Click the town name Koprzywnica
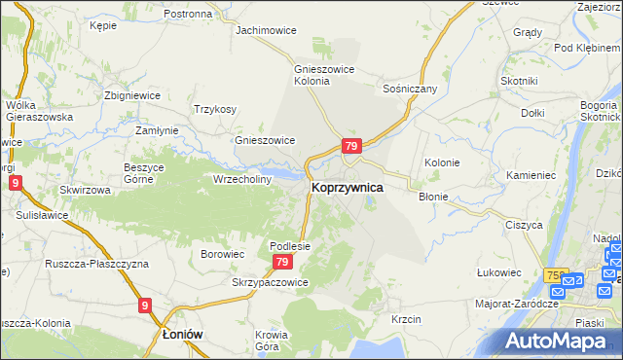coord(347,186)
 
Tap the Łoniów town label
coord(181,333)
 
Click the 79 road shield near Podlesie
coord(282,263)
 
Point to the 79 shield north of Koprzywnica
coord(351,147)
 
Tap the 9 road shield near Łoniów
coord(145,306)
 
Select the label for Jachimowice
coord(266,30)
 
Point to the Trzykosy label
coord(215,109)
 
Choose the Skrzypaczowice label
coord(270,282)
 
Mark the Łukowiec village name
coord(495,273)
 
